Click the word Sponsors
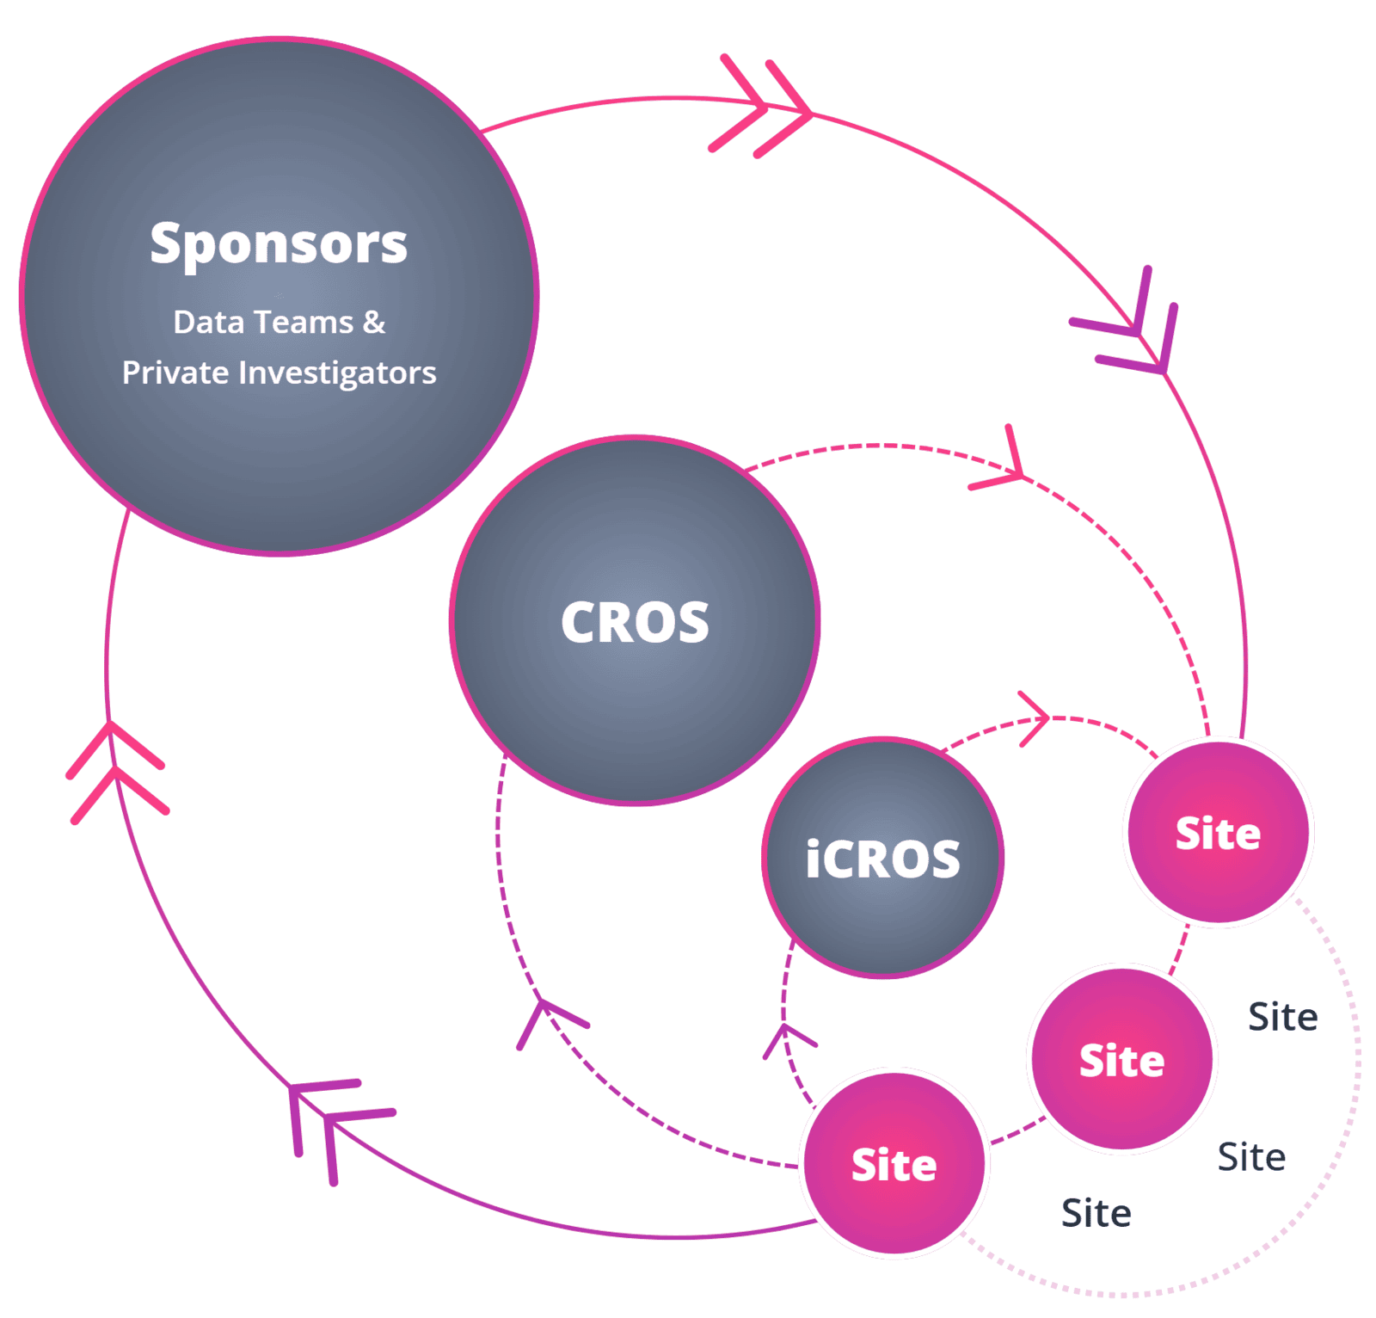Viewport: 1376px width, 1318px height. (x=278, y=244)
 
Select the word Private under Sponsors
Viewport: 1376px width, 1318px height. (x=175, y=373)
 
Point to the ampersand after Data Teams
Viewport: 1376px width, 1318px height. (x=374, y=323)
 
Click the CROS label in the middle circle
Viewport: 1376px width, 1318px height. (x=635, y=622)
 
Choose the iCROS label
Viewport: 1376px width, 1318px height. (x=882, y=859)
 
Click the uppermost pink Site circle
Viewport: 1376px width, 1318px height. (x=1218, y=833)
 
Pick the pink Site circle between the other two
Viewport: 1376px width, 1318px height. (x=1121, y=1059)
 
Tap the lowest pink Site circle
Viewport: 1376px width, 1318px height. (x=894, y=1164)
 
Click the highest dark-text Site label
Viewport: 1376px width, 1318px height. (x=1282, y=1017)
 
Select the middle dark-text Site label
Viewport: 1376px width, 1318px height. (x=1251, y=1157)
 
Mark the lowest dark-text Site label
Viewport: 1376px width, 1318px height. (x=1096, y=1213)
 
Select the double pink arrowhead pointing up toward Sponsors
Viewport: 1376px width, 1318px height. (x=114, y=770)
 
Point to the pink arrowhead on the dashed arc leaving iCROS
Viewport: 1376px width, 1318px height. (x=1035, y=718)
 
